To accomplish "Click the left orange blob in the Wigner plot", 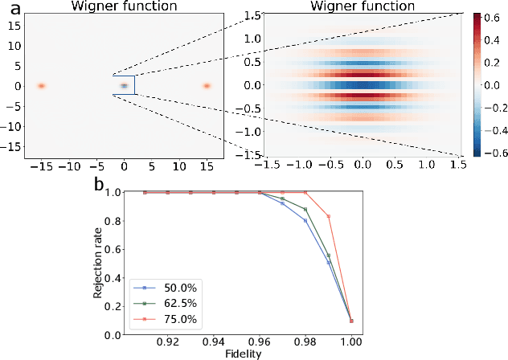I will click(41, 85).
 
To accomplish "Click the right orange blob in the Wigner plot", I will click(207, 85).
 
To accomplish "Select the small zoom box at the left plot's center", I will click(124, 85).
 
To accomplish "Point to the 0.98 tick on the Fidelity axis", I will click(305, 342).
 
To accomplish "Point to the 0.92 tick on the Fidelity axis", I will click(167, 342).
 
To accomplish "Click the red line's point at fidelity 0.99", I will click(328, 216).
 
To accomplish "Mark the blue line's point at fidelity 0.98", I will click(305, 220).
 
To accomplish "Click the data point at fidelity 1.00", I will click(351, 321).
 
